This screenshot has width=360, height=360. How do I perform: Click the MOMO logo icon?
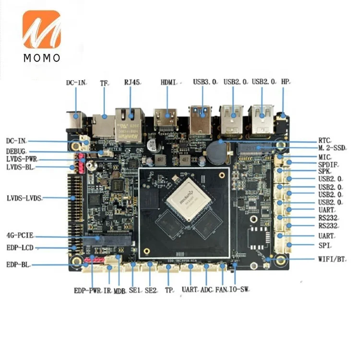tap(41, 30)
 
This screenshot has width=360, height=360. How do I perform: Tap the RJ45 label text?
tap(132, 83)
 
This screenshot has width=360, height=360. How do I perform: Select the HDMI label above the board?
tap(169, 83)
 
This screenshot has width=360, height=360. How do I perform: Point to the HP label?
tap(286, 82)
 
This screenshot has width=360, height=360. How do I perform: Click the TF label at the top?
tap(104, 83)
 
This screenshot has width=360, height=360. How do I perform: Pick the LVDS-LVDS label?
tap(24, 198)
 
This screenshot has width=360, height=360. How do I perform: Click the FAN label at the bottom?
tap(221, 290)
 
